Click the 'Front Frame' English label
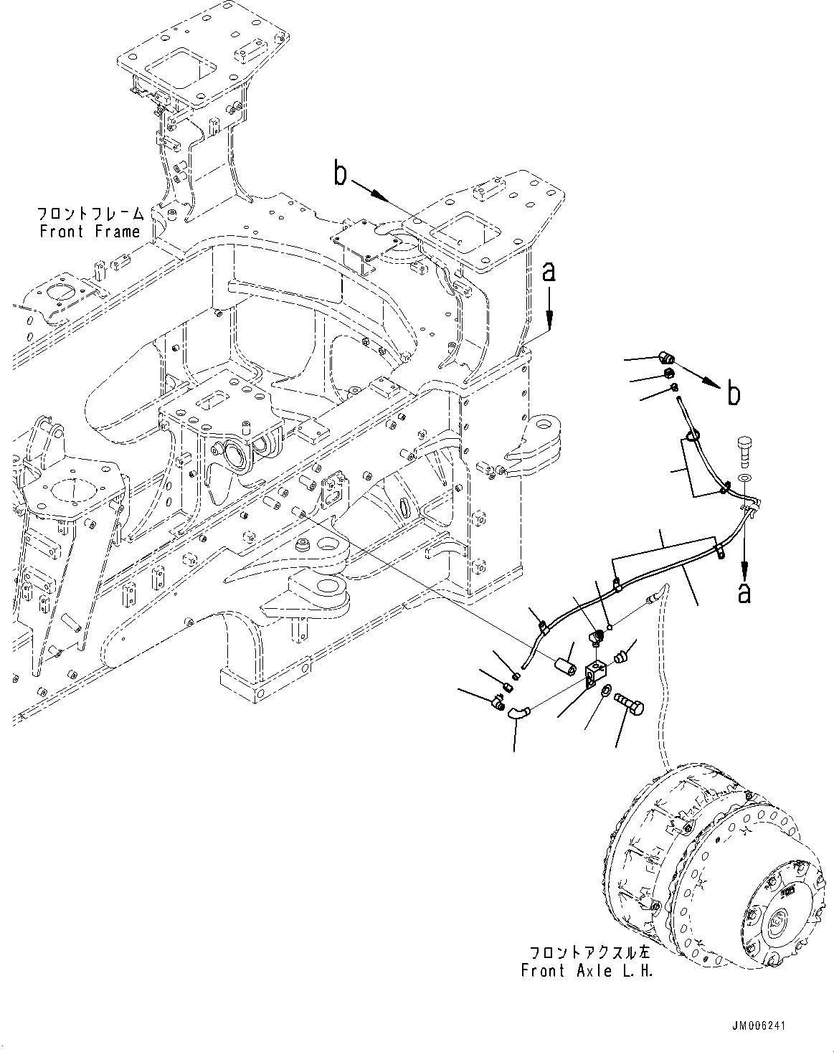(90, 232)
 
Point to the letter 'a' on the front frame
(549, 272)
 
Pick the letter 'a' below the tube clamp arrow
(745, 592)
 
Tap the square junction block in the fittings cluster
(595, 673)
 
